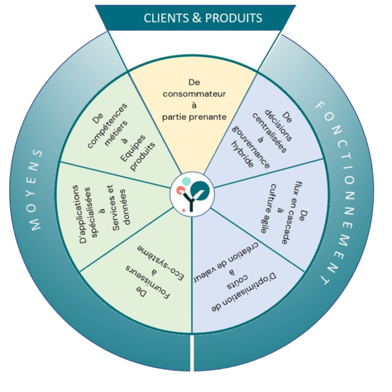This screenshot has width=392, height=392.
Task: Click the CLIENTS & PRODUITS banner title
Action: pyautogui.click(x=203, y=18)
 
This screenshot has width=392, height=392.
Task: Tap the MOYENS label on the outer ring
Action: pyautogui.click(x=37, y=190)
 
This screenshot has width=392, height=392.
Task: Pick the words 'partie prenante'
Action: pyautogui.click(x=194, y=117)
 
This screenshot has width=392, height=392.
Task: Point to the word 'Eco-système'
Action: pyautogui.click(x=162, y=262)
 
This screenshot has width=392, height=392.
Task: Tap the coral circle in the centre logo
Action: pyautogui.click(x=180, y=190)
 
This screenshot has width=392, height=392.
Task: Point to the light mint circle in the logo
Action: pyautogui.click(x=186, y=181)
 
